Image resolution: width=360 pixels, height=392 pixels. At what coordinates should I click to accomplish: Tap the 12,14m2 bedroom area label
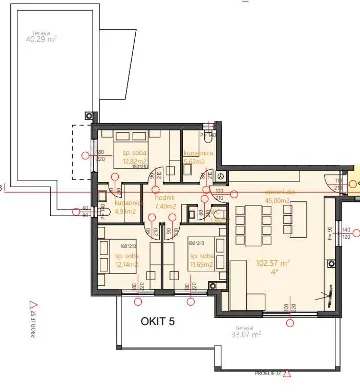(x=125, y=262)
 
